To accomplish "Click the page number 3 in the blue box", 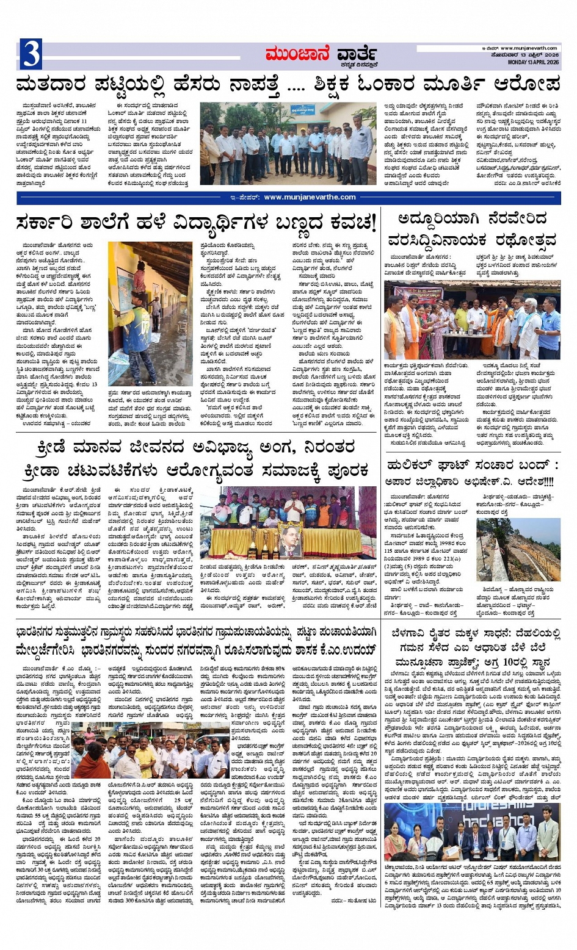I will click(x=31, y=54).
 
